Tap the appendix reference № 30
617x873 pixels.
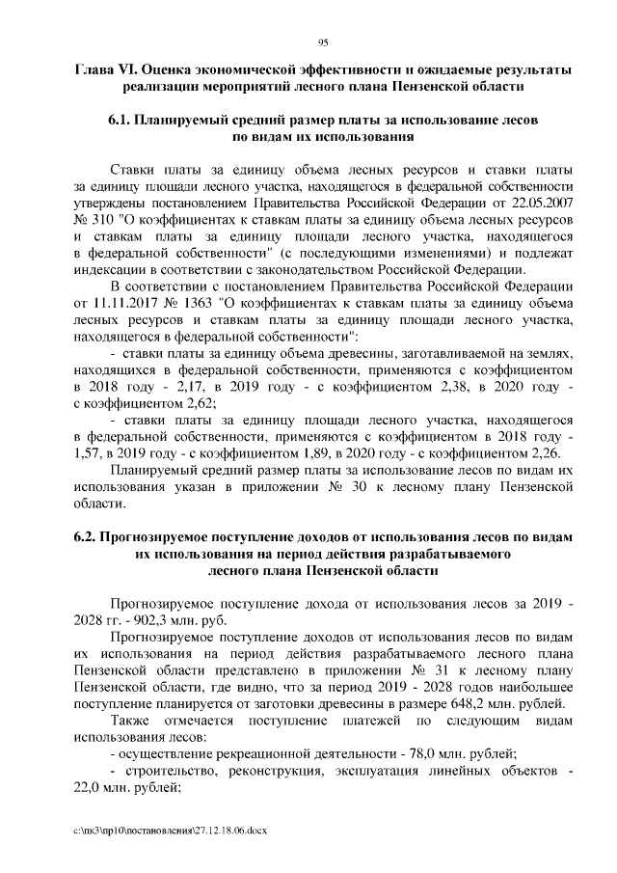click(348, 487)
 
